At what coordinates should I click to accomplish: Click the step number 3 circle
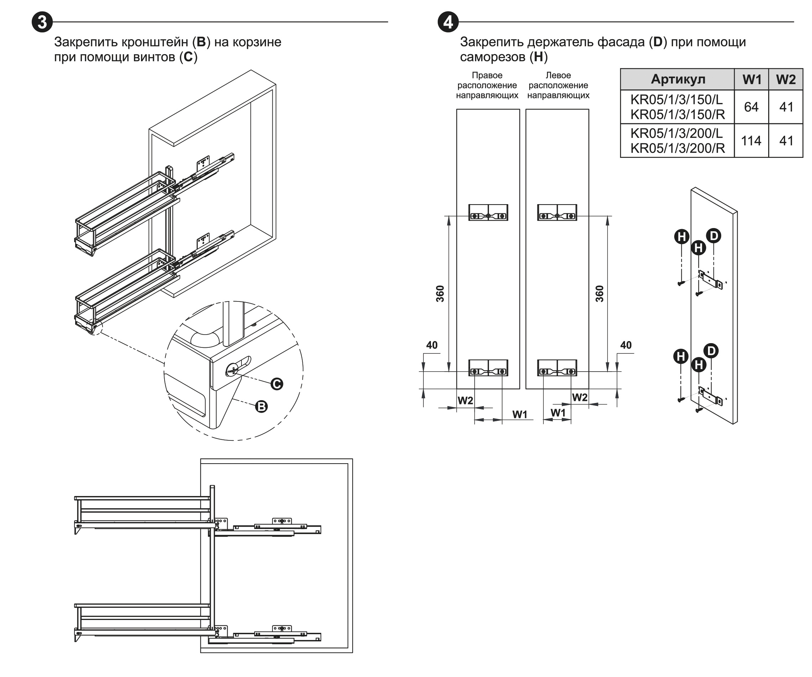(x=42, y=22)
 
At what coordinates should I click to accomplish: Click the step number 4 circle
(x=448, y=22)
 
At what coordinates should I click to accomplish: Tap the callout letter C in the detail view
(x=276, y=384)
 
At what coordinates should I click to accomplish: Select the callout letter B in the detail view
(x=262, y=407)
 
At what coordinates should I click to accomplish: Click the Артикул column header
(x=678, y=79)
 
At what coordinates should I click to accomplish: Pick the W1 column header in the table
(x=752, y=79)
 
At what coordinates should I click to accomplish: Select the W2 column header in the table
(x=786, y=79)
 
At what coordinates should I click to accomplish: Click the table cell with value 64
(x=751, y=107)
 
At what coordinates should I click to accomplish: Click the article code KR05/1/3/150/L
(x=676, y=100)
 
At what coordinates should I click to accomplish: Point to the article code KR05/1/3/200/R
(x=677, y=148)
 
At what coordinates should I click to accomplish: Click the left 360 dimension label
(x=440, y=294)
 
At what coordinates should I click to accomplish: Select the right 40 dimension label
(x=626, y=345)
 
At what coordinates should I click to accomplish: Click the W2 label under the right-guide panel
(x=465, y=401)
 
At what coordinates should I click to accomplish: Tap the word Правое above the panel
(x=487, y=76)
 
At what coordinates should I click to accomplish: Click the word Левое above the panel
(x=558, y=76)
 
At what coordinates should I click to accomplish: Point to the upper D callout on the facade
(x=713, y=236)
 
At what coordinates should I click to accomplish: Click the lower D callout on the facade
(x=711, y=351)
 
